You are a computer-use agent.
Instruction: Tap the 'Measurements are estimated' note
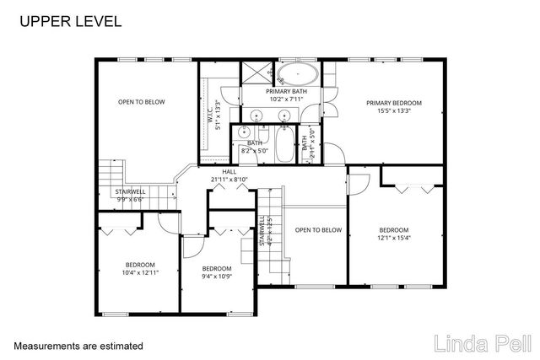pos(78,346)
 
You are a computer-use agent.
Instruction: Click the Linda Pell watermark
pos(482,343)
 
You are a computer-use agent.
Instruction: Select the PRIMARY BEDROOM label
pos(393,103)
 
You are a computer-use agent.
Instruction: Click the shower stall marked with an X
pos(255,73)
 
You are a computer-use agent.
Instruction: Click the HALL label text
pos(229,171)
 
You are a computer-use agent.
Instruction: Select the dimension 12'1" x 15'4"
pos(393,238)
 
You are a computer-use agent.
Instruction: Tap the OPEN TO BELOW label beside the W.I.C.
pos(141,102)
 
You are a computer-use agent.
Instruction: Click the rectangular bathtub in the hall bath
pos(283,142)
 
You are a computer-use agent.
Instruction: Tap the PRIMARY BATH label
pos(284,91)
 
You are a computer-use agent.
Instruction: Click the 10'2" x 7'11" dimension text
pos(284,99)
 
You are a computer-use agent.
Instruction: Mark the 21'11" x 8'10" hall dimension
pos(229,179)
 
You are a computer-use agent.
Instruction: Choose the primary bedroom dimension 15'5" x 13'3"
pos(393,110)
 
